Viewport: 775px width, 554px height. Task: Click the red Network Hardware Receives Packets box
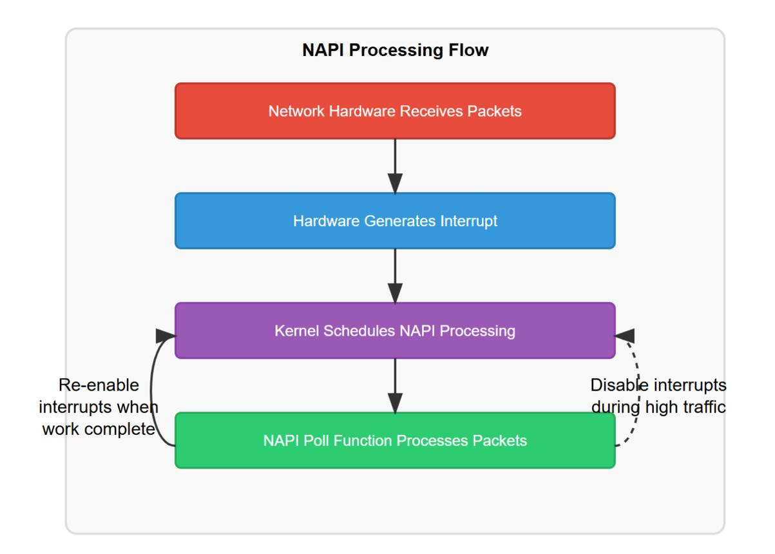click(x=395, y=111)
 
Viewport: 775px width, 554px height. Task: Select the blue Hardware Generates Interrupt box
click(x=395, y=221)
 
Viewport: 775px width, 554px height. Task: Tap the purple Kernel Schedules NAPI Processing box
click(x=395, y=330)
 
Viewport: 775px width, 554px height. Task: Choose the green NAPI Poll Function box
click(x=395, y=440)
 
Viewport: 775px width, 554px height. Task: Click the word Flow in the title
click(x=468, y=50)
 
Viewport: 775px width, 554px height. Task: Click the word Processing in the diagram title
click(x=396, y=50)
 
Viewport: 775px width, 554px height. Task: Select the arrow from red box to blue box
click(x=395, y=166)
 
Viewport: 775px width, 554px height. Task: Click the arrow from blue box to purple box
click(x=395, y=276)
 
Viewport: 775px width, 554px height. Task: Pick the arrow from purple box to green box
click(x=395, y=385)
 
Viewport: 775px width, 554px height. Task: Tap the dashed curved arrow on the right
click(x=638, y=391)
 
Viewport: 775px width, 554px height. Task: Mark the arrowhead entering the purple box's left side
click(x=166, y=336)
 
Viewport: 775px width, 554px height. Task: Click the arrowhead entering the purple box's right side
click(x=624, y=336)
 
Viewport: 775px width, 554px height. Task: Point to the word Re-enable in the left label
click(x=99, y=385)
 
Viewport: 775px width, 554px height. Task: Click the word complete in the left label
click(x=120, y=430)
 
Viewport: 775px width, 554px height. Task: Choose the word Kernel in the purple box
click(x=296, y=331)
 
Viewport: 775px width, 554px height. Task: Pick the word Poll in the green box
click(x=314, y=441)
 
